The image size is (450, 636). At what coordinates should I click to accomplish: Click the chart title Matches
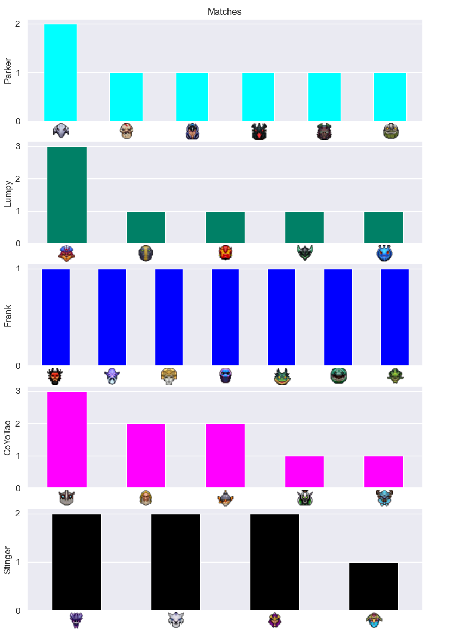pyautogui.click(x=224, y=12)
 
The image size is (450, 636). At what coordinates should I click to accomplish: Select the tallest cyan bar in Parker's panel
pyautogui.click(x=60, y=72)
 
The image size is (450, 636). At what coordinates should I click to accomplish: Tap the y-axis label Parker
pyautogui.click(x=8, y=71)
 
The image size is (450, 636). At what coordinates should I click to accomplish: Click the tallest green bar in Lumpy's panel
pyautogui.click(x=67, y=195)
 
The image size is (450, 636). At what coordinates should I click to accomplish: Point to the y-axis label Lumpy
pyautogui.click(x=8, y=194)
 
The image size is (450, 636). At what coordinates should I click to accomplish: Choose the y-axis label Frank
pyautogui.click(x=8, y=316)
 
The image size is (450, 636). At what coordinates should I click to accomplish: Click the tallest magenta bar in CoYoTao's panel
pyautogui.click(x=67, y=440)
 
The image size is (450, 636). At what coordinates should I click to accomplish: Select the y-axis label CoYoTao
pyautogui.click(x=8, y=438)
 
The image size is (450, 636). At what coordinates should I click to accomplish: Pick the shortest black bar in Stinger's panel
pyautogui.click(x=374, y=586)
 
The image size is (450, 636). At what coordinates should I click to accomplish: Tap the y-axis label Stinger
pyautogui.click(x=8, y=560)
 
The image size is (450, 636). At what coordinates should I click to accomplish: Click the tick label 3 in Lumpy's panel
pyautogui.click(x=18, y=146)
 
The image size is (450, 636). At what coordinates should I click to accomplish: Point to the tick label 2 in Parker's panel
pyautogui.click(x=18, y=24)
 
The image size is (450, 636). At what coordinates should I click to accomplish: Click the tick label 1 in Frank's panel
pyautogui.click(x=18, y=269)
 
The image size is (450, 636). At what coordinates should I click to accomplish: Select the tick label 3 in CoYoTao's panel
pyautogui.click(x=18, y=391)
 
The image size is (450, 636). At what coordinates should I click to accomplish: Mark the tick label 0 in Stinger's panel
pyautogui.click(x=18, y=611)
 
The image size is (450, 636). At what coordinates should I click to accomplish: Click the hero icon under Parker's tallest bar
pyautogui.click(x=61, y=131)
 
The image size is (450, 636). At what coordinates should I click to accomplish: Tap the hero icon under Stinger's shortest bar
pyautogui.click(x=374, y=620)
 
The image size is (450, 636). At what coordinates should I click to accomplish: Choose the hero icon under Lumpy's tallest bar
pyautogui.click(x=66, y=254)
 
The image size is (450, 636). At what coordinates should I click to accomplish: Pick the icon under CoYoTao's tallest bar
pyautogui.click(x=67, y=498)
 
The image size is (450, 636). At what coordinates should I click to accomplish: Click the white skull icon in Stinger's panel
pyautogui.click(x=176, y=620)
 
